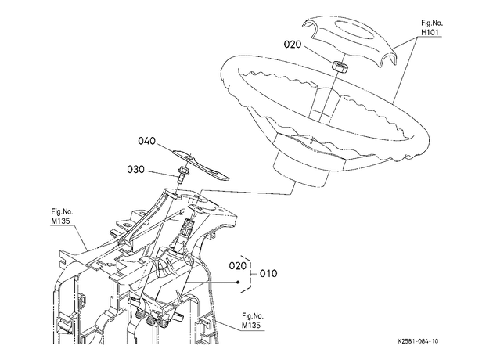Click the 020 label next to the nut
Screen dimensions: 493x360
pos(293,45)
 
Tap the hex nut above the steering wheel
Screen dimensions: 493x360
pos(340,66)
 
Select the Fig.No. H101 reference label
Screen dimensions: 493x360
pos(432,27)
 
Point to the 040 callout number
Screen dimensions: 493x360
pos(147,141)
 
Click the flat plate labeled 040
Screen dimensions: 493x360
pos(201,164)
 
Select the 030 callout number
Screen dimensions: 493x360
pos(136,170)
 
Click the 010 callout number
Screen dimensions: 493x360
pos(268,274)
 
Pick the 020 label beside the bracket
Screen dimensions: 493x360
pos(237,266)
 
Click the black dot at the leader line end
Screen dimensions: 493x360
pos(238,282)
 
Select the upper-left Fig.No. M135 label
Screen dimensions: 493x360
pos(62,216)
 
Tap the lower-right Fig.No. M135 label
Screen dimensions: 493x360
pos(253,321)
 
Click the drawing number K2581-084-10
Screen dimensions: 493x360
pos(418,341)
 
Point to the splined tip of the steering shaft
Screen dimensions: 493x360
pos(188,225)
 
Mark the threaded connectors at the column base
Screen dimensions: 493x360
pos(152,319)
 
